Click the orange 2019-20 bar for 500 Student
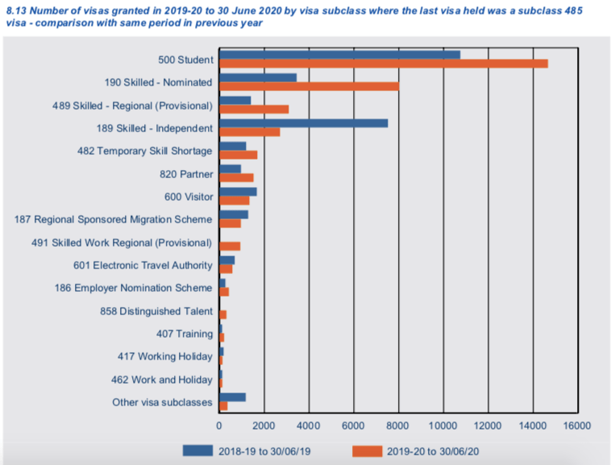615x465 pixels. (x=383, y=64)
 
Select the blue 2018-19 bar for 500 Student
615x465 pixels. (x=339, y=55)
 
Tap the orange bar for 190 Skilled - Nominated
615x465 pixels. (x=309, y=86)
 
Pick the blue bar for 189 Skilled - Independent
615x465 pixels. (x=303, y=123)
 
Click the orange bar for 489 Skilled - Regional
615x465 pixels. (x=254, y=109)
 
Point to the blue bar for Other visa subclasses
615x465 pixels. (x=232, y=397)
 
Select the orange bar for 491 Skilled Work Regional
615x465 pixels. (x=230, y=246)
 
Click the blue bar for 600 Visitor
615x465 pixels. (x=238, y=192)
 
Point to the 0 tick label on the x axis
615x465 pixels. (x=219, y=425)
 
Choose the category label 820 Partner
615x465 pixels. (x=186, y=174)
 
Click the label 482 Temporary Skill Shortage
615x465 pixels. (x=155, y=152)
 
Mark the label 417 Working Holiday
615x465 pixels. (x=164, y=356)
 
